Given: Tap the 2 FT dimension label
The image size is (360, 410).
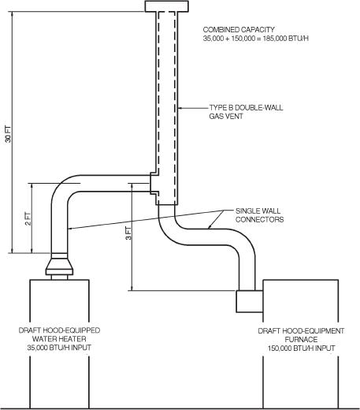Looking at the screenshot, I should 28,218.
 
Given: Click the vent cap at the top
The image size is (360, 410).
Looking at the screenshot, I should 167,6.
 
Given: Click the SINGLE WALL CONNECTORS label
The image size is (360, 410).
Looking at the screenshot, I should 258,215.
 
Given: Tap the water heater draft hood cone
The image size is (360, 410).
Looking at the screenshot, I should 58,263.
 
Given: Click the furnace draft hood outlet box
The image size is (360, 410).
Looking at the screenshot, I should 249,300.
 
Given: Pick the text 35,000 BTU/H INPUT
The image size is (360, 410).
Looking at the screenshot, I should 59,347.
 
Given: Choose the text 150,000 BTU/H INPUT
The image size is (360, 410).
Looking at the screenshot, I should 302,347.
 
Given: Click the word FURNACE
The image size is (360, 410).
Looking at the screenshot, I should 302,338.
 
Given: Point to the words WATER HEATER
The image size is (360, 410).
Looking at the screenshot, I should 59,338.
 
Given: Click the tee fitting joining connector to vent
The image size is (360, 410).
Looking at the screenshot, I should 155,184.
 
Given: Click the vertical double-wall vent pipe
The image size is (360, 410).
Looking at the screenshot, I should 167,102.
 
